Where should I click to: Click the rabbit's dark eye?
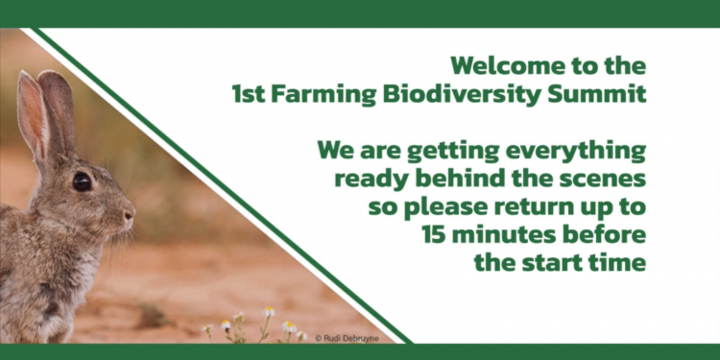(82, 181)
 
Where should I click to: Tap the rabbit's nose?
(130, 214)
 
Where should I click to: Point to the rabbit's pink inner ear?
(32, 116)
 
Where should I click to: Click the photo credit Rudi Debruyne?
(347, 338)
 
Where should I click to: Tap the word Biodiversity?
(464, 95)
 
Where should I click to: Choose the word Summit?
(598, 94)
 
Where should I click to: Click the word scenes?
(603, 180)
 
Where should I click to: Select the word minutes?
(504, 235)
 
